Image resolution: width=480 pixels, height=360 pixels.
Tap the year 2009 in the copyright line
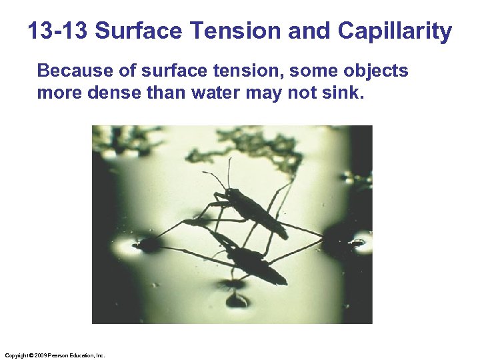(40, 356)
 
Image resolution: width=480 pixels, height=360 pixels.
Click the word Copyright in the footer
(16, 356)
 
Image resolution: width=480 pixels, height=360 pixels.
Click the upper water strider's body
(257, 213)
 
